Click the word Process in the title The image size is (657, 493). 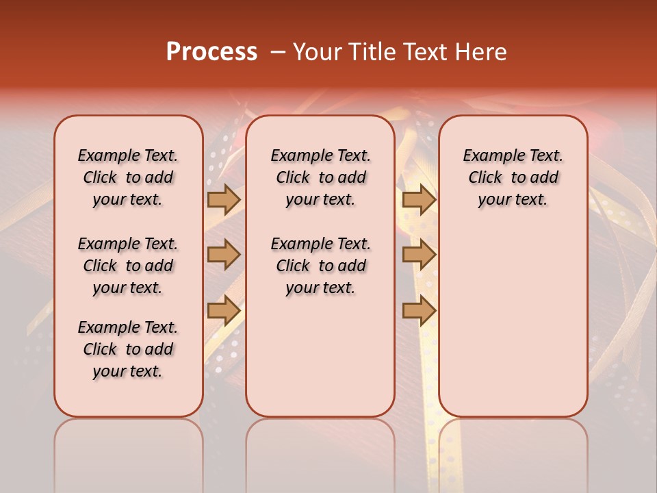pos(211,52)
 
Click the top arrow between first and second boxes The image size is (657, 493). pos(224,199)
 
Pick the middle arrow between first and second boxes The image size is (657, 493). pos(224,255)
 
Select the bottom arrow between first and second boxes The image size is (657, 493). pos(224,310)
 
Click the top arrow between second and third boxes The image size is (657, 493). pos(419,199)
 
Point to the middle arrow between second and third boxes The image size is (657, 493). pos(419,255)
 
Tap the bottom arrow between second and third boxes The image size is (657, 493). pos(419,310)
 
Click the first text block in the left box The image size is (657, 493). pos(128,177)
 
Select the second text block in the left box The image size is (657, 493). pos(128,266)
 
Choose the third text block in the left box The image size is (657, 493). pos(128,349)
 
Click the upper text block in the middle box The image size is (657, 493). pos(320,177)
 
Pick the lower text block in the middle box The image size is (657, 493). pos(320,266)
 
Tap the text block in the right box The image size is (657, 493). pos(513,177)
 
